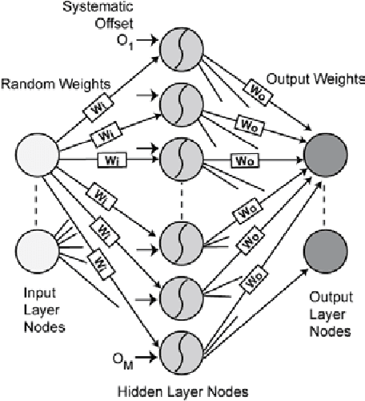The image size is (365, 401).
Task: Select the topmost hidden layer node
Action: pyautogui.click(x=182, y=54)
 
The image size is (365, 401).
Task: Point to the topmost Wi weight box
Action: pyautogui.click(x=96, y=107)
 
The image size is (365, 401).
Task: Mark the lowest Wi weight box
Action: pyautogui.click(x=99, y=261)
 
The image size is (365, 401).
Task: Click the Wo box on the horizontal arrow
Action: pyautogui.click(x=244, y=160)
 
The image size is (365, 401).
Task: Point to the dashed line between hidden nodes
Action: pyautogui.click(x=182, y=198)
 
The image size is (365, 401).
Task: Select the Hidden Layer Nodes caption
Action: pyautogui.click(x=182, y=391)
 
